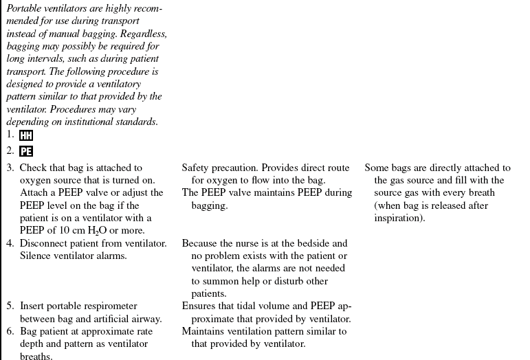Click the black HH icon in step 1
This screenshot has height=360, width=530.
(26, 136)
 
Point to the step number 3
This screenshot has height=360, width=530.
(10, 168)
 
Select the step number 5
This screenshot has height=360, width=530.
(10, 306)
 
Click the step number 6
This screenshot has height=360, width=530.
(10, 332)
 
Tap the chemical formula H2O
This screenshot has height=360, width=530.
(100, 231)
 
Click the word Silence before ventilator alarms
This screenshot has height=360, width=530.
(36, 256)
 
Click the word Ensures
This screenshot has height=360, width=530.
(199, 306)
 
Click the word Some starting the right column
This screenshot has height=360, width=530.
(377, 168)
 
